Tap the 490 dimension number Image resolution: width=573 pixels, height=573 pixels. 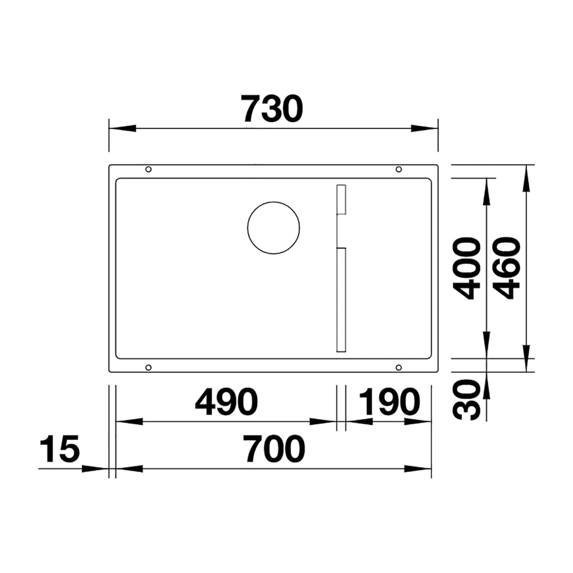pos(226,402)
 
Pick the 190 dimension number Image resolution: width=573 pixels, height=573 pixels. pos(390,402)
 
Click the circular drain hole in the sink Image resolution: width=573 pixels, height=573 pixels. pos(274,228)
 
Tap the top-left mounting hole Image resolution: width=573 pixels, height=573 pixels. pos(149,169)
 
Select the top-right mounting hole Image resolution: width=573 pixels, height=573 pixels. pos(398,169)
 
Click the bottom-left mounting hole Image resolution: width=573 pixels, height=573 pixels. pos(149,367)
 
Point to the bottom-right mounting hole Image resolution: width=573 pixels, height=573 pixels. pos(398,367)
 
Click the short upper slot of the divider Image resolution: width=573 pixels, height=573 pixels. pos(341,199)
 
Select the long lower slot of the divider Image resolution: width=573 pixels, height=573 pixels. pos(341,300)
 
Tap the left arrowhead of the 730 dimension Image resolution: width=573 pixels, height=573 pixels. pos(122,128)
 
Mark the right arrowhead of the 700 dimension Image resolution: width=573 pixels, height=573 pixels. pos(418,469)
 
